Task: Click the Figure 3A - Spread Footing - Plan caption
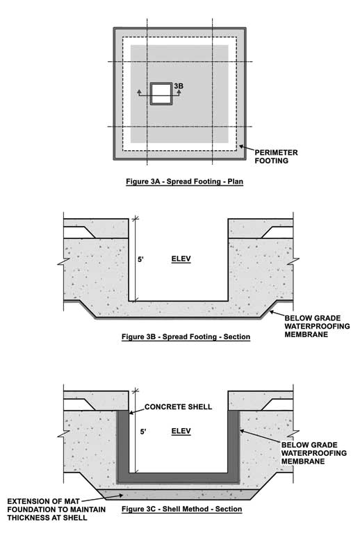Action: pos(184,181)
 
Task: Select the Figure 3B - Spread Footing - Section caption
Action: pos(186,337)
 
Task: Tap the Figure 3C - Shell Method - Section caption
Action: pos(182,509)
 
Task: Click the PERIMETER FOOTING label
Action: pos(276,157)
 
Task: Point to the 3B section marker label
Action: pos(179,85)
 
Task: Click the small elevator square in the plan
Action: pos(161,94)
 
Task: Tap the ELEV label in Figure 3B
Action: pos(181,259)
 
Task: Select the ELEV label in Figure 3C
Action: pos(181,431)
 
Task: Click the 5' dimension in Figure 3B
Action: pos(141,259)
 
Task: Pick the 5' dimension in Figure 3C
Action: pos(143,432)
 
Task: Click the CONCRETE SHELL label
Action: pos(178,407)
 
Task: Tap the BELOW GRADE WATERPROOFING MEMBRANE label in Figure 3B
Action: pos(317,326)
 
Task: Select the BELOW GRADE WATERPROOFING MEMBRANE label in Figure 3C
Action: pos(314,453)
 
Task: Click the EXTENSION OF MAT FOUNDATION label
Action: pos(56,509)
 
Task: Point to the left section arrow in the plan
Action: pos(140,93)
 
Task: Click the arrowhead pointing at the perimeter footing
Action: pos(242,146)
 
